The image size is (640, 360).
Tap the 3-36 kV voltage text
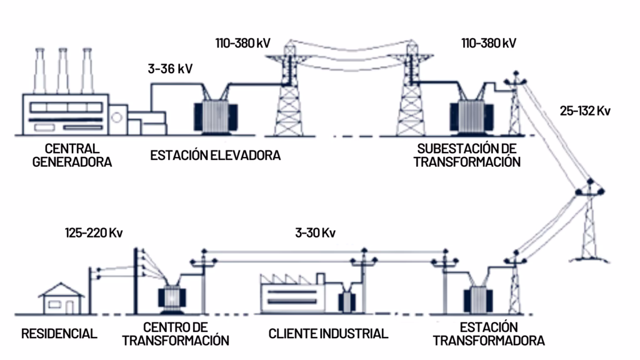tap(170, 69)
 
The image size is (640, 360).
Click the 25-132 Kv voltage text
tap(585, 111)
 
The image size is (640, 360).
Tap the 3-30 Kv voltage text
tap(316, 233)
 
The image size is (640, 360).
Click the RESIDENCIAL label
tap(59, 333)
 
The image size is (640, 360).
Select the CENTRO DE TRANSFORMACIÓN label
tap(176, 334)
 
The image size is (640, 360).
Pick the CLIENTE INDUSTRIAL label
tap(328, 333)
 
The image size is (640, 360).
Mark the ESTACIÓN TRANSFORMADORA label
tap(489, 334)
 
